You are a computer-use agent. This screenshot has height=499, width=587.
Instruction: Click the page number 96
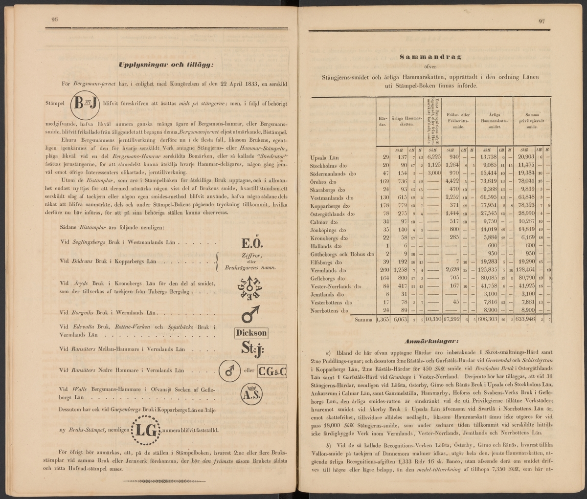(x=55, y=19)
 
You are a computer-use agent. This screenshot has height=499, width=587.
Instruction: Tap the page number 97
(x=542, y=21)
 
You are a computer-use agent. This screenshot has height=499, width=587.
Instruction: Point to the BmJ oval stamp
(x=86, y=104)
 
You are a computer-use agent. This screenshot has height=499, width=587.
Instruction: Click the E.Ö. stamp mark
(x=253, y=243)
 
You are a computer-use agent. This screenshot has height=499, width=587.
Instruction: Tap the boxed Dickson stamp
(x=252, y=333)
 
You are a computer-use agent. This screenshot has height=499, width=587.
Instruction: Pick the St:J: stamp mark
(x=252, y=349)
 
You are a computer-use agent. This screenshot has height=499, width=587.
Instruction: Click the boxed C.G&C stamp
(x=272, y=371)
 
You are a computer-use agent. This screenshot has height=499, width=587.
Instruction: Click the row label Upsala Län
(x=324, y=157)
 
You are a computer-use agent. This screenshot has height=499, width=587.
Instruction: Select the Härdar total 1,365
(x=383, y=320)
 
